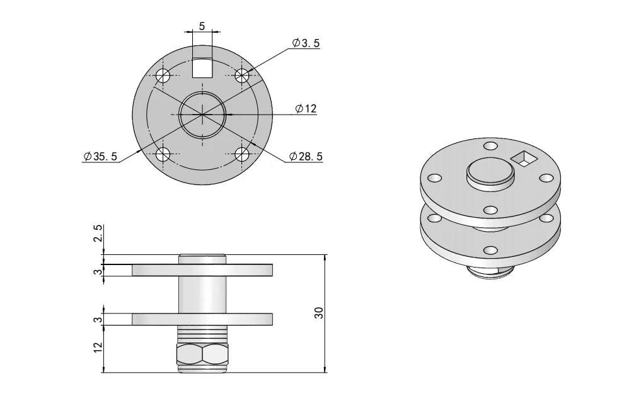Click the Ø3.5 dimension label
306,43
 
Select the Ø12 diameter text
306,109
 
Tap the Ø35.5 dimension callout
100,157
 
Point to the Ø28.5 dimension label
306,156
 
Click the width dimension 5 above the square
202,26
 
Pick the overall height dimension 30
319,313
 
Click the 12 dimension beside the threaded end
97,347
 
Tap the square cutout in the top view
202,67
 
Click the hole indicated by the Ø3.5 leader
242,76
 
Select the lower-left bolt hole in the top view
163,154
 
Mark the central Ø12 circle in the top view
202,115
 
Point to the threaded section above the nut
202,334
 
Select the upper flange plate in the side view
202,269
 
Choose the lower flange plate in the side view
202,319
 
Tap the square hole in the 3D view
522,159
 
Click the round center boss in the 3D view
489,171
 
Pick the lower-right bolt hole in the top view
242,154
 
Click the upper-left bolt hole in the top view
163,76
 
